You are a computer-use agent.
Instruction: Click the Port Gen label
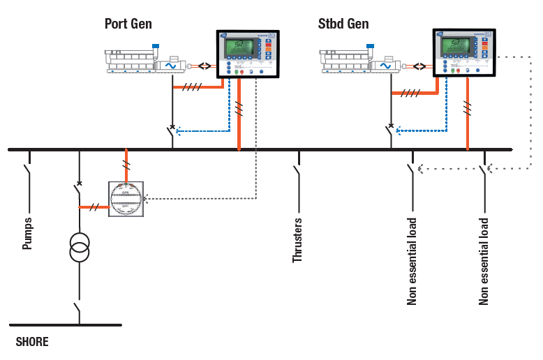point(128,24)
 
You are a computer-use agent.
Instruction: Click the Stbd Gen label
point(343,24)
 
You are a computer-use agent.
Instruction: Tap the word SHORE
point(32,343)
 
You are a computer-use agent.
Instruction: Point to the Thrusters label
point(297,240)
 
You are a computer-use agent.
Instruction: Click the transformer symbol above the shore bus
point(78,249)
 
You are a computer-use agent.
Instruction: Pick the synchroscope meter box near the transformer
point(126,199)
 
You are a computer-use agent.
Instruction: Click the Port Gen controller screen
point(239,48)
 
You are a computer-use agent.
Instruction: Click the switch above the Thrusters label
point(298,170)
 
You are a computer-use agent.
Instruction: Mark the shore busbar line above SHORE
point(66,324)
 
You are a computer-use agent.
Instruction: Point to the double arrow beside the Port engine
point(204,66)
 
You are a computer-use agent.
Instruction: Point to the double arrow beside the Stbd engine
point(419,66)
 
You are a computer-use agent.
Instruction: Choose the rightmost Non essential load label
point(484,261)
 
